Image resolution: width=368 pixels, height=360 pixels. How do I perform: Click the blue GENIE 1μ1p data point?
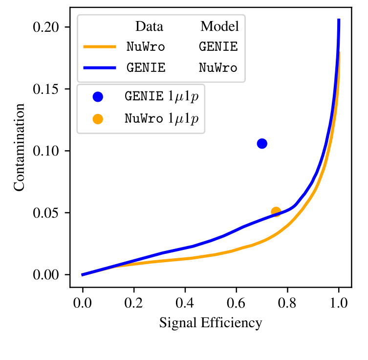pos(262,143)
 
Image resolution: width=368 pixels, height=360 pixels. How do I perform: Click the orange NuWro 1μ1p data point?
pos(276,212)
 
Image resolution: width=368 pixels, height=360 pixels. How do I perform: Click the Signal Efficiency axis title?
pos(211,323)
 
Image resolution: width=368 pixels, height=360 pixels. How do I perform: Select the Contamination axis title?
pos(19,151)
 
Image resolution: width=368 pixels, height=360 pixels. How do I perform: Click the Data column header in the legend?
pos(150,26)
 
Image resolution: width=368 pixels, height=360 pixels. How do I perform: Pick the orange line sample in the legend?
pos(100,47)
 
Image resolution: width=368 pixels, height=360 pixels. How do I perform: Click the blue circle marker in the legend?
pos(98,97)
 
